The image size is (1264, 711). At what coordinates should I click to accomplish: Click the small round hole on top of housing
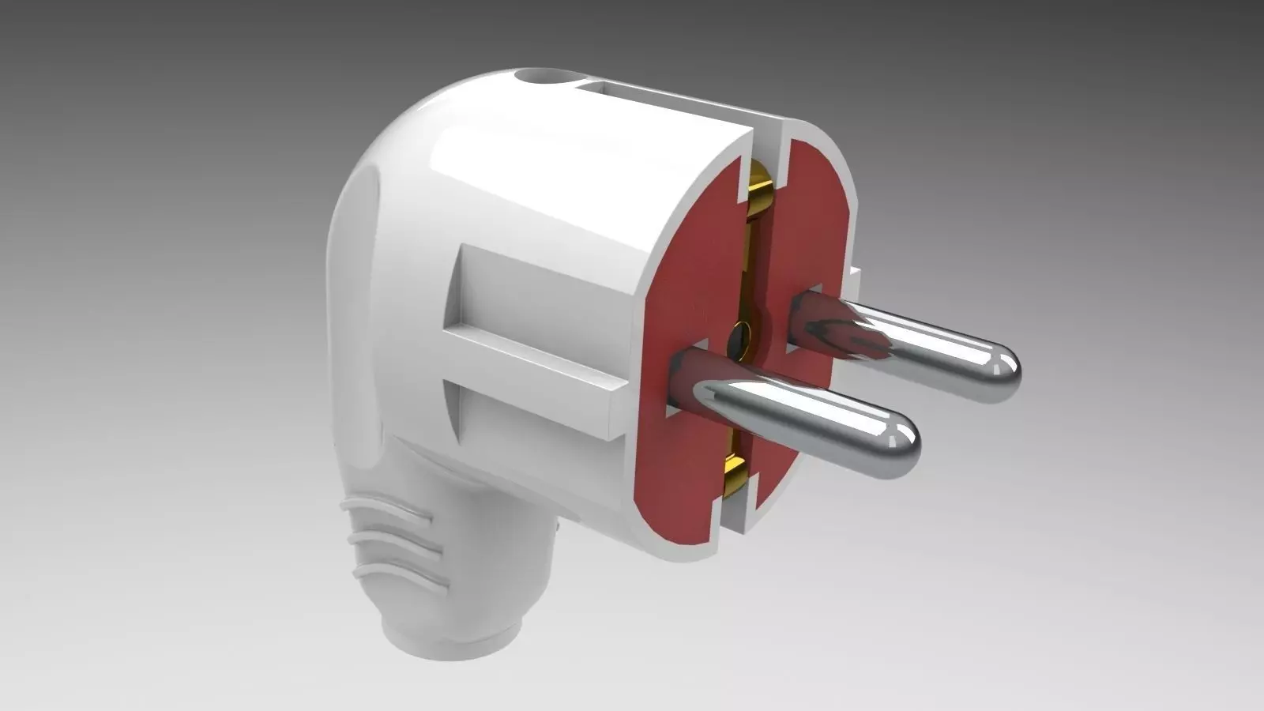541,79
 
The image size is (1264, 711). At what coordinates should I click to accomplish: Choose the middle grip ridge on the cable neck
391,544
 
